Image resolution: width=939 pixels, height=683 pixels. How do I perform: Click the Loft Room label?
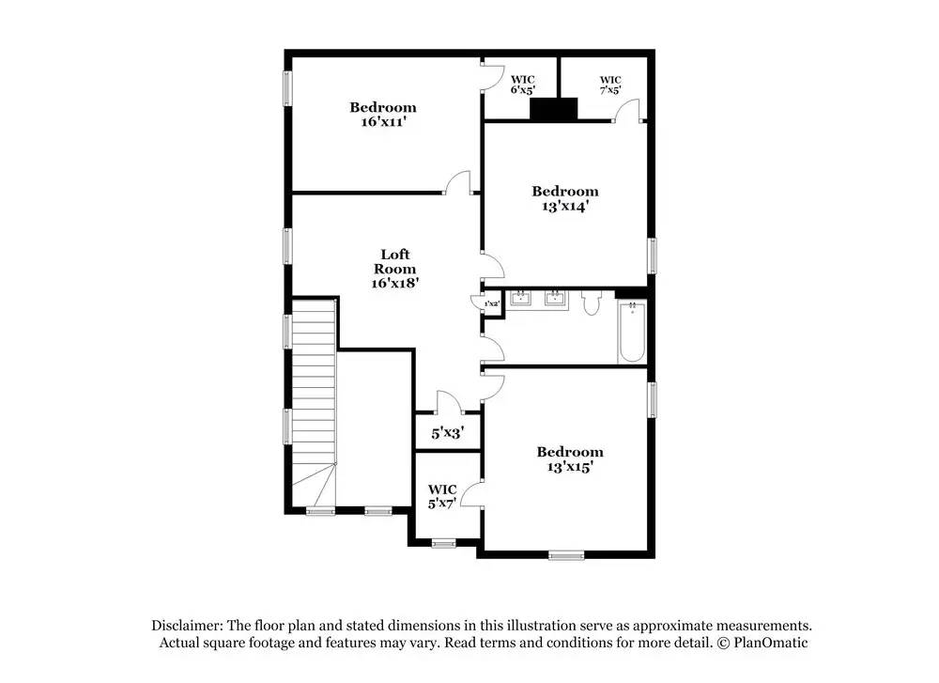394,261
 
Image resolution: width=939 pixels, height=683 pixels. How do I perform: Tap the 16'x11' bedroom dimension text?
384,121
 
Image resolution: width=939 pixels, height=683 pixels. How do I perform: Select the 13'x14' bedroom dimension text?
565,206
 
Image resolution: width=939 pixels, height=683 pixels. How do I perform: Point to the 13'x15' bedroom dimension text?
570,466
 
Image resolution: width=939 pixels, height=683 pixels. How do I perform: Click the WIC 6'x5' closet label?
523,85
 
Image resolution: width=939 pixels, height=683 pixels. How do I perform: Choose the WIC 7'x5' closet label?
610,85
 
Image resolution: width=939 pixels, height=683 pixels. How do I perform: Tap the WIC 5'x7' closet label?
442,497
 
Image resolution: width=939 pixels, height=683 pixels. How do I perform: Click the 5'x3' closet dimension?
448,432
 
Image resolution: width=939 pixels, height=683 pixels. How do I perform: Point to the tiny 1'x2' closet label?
492,303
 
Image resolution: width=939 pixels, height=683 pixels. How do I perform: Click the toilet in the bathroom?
591,303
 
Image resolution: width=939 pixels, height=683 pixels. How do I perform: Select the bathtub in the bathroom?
632,332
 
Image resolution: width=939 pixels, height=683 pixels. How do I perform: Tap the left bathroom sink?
521,298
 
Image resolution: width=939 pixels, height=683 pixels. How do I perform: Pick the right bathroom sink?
556,298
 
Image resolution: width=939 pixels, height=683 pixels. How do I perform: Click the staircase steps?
314,401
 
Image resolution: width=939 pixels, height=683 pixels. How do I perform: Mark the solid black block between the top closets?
554,109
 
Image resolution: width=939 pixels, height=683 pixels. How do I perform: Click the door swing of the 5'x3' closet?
449,401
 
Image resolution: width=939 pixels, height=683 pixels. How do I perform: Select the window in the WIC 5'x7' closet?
444,544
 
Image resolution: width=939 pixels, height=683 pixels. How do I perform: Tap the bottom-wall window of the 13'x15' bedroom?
566,555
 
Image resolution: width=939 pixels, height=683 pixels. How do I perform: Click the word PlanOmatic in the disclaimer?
770,643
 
